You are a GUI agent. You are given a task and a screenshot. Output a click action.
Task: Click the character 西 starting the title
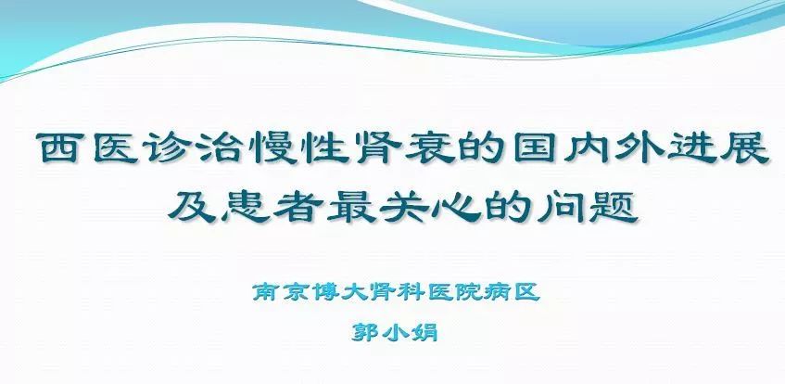[60, 147]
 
